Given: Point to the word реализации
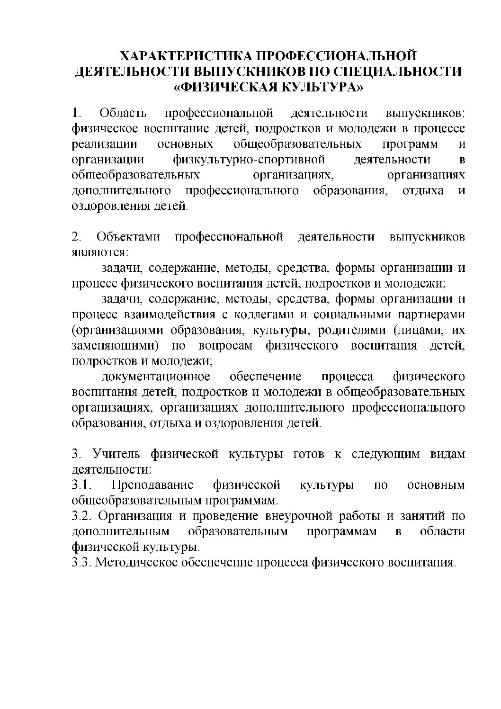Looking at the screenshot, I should pyautogui.click(x=104, y=144).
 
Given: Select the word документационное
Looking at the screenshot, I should pyautogui.click(x=156, y=377).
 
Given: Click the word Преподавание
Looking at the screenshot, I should pyautogui.click(x=152, y=485).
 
